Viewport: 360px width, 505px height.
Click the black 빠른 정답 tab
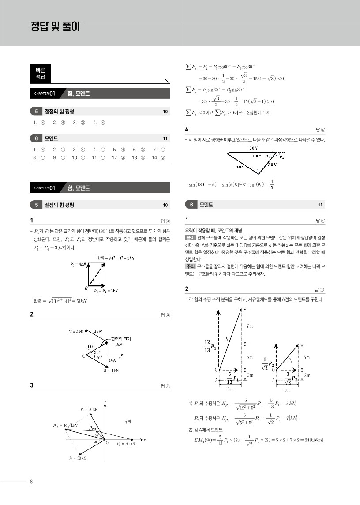coord(40,73)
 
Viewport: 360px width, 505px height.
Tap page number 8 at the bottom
coord(31,481)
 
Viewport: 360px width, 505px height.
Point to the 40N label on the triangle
coord(240,168)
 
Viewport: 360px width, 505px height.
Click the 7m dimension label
coord(250,325)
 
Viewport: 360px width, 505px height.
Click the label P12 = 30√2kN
coord(65,426)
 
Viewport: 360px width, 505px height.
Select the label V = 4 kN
coord(78,331)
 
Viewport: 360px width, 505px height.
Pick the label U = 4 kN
coord(111,370)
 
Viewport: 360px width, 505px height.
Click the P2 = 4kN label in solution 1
coord(79,264)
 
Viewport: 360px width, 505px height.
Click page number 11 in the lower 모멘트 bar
coord(320,205)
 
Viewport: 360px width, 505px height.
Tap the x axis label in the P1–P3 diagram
coord(145,440)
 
